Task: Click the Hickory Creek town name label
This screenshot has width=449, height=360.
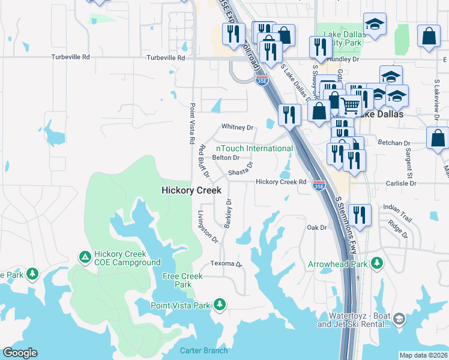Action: coord(191,190)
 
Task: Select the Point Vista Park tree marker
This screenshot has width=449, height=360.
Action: coord(220,305)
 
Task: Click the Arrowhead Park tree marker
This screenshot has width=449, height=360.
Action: coord(377,263)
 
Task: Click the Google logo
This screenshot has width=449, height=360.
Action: coord(20,353)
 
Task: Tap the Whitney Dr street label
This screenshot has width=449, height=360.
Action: coord(238,127)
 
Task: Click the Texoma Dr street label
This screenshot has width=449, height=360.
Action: coord(226,264)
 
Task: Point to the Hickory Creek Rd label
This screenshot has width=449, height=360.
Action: coord(281,182)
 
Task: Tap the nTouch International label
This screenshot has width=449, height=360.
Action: coord(255,148)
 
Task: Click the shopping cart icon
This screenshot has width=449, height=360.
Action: coord(350,105)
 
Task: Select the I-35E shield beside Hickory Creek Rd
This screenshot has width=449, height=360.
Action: coord(319,187)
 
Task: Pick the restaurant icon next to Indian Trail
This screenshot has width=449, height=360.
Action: coord(359,214)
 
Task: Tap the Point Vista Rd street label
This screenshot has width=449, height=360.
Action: coord(192,123)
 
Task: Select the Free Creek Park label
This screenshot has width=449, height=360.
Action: coord(183,280)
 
